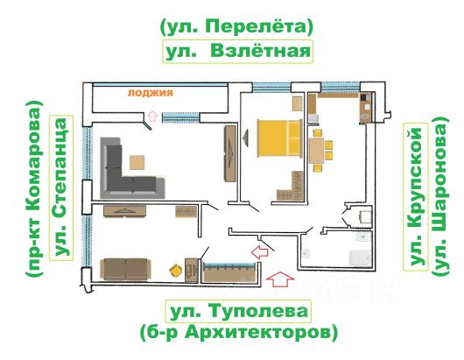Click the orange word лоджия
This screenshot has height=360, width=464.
pyautogui.click(x=151, y=93)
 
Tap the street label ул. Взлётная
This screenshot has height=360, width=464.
pyautogui.click(x=238, y=51)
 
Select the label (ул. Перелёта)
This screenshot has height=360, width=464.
pyautogui.click(x=236, y=27)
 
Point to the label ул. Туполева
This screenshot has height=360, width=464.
pyautogui.click(x=238, y=311)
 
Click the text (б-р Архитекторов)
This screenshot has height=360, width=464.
pyautogui.click(x=238, y=333)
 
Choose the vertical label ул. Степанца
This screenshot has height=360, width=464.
pyautogui.click(x=61, y=188)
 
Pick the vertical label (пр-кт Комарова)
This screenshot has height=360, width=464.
pyautogui.click(x=34, y=189)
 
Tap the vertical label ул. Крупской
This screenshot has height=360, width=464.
pyautogui.click(x=416, y=196)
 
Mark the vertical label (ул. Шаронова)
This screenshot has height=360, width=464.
pyautogui.click(x=440, y=195)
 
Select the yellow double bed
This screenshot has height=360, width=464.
pyautogui.click(x=280, y=138)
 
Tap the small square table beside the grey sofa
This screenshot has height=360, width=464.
pyautogui.click(x=137, y=163)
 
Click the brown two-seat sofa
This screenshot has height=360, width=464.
pyautogui.click(x=126, y=269)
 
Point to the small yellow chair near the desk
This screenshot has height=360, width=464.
pyautogui.click(x=175, y=271)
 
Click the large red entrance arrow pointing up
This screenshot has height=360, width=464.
pyautogui.click(x=280, y=279)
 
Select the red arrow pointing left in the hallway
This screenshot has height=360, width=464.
pyautogui.click(x=260, y=252)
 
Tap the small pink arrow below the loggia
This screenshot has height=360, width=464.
pyautogui.click(x=152, y=116)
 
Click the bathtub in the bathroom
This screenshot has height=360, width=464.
pyautogui.click(x=360, y=258)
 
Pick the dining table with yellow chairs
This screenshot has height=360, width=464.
pyautogui.click(x=317, y=151)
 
